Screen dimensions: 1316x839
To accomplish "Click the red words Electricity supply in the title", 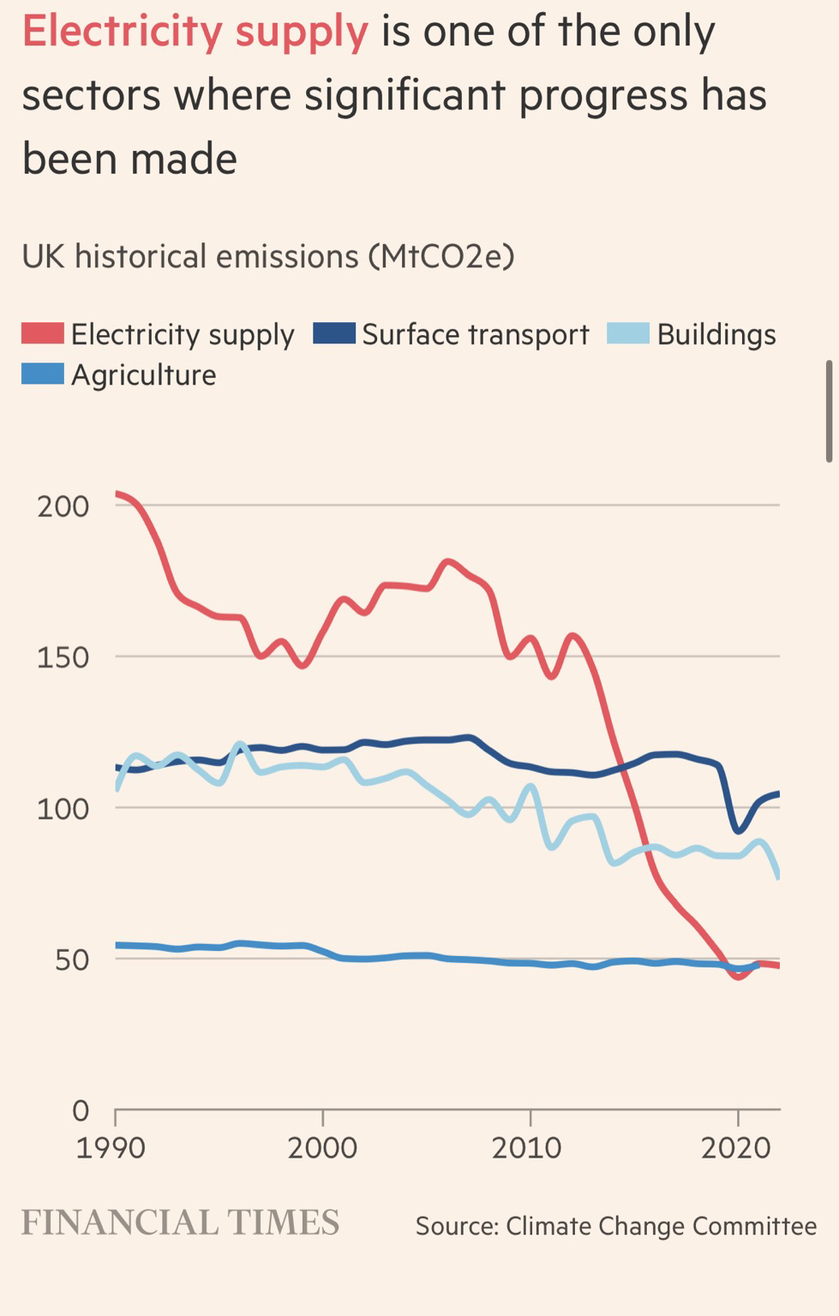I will click(195, 32).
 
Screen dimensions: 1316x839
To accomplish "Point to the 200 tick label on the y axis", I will click(63, 506).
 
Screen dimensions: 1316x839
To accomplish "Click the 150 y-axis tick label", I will click(63, 657).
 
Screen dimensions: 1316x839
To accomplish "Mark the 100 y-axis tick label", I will click(63, 809).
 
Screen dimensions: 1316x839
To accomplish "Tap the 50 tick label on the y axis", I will click(72, 960).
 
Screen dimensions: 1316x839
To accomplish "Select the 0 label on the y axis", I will click(81, 1111).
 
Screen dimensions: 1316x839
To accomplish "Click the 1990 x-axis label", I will click(111, 1148).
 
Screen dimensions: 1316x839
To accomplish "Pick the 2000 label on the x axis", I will click(322, 1148).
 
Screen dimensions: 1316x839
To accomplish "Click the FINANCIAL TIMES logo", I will click(180, 1223).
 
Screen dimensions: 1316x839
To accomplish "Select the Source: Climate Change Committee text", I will click(615, 1226).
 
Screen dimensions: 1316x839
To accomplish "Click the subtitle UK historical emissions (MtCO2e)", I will click(267, 256).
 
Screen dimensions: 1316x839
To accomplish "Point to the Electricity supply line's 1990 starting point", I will click(117, 493).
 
